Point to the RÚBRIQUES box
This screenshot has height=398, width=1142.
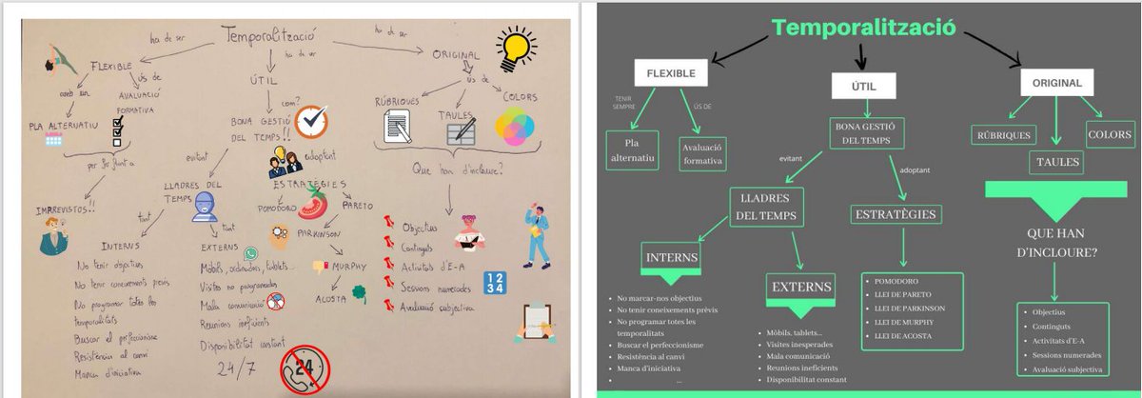click(1003, 135)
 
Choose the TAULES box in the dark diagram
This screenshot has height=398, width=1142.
click(1056, 162)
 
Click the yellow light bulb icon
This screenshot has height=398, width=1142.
click(515, 44)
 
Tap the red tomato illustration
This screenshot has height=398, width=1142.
click(315, 202)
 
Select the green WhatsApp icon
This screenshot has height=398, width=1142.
click(251, 253)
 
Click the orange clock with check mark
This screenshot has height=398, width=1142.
click(311, 122)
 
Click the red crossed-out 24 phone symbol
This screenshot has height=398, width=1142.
click(304, 370)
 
